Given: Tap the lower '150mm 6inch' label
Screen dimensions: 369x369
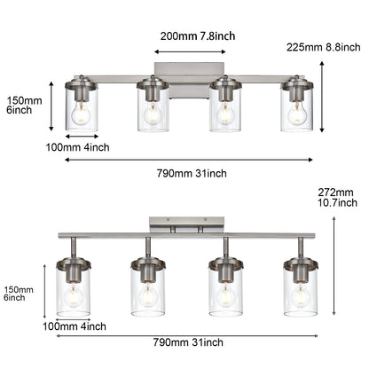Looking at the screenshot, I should pos(20,293).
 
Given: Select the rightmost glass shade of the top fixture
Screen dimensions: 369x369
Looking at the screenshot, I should pos(297,111).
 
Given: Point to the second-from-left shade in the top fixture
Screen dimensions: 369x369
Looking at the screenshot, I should pos(153,111).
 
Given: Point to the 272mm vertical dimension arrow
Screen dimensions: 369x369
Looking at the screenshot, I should pos(334,266).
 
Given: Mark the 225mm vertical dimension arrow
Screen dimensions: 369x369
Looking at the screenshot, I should pos(321,96).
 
